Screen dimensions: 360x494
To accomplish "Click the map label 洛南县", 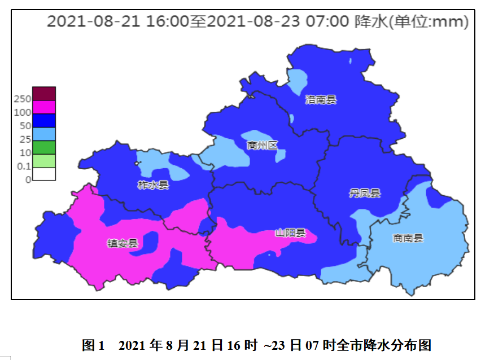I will [x=321, y=100].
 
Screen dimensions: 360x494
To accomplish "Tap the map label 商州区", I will [x=263, y=146].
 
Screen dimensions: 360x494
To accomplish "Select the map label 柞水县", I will [x=153, y=185].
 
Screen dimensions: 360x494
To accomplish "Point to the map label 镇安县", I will [x=123, y=243].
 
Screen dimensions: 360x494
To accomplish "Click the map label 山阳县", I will [x=290, y=232].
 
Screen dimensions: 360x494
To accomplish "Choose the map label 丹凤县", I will [x=365, y=194].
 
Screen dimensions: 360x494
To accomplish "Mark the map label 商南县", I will [x=408, y=238].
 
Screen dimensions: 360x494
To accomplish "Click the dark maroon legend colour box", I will [x=44, y=94].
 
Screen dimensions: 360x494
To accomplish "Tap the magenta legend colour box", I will [x=44, y=107].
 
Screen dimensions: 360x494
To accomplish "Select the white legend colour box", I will [x=44, y=174].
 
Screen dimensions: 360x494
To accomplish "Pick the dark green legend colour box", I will [x=44, y=147].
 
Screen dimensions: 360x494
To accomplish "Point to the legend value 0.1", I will [x=24, y=166].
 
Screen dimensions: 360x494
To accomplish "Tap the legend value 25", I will [x=25, y=139].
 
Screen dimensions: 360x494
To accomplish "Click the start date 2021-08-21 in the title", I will [x=94, y=22].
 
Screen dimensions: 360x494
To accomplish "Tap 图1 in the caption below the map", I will [x=94, y=345].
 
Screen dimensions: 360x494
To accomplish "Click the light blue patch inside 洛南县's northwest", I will [x=298, y=82].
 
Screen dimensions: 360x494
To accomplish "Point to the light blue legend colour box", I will [x=44, y=134].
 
